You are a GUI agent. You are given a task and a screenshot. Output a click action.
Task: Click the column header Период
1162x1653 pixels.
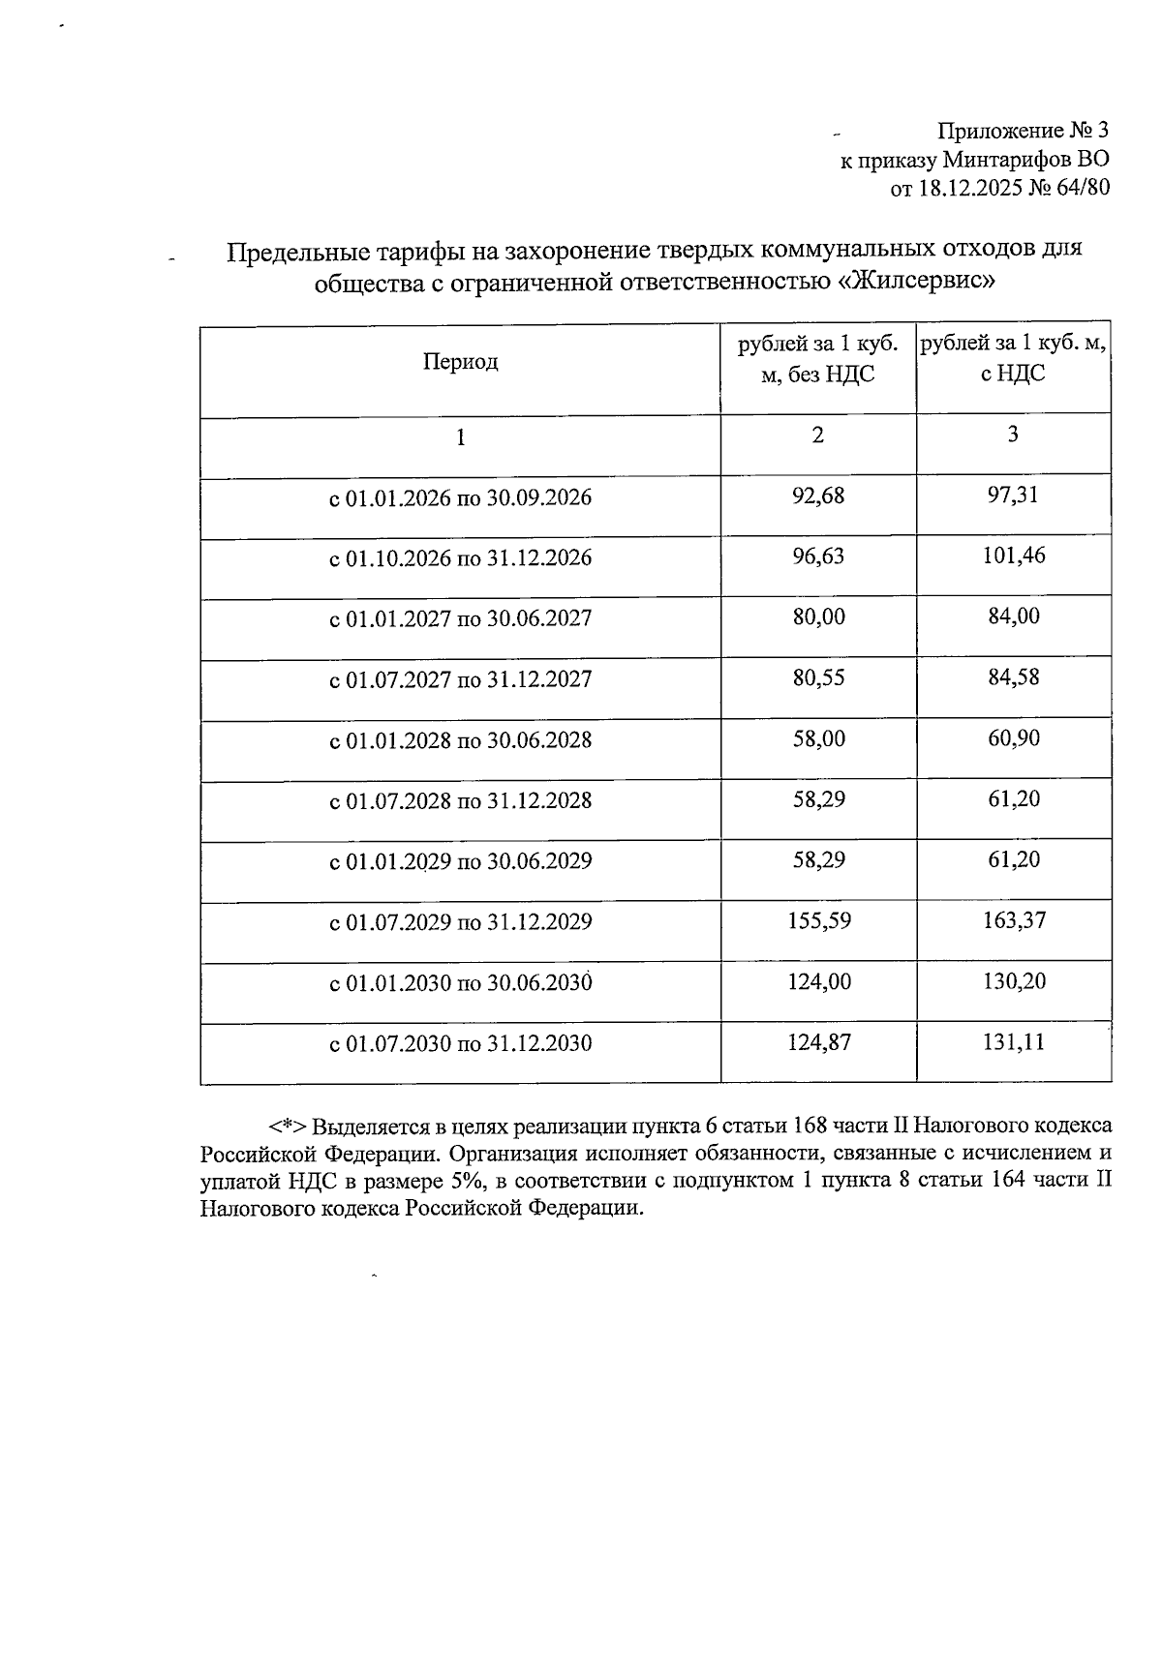(460, 362)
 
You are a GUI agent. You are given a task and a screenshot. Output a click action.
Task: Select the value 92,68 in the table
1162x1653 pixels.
(818, 496)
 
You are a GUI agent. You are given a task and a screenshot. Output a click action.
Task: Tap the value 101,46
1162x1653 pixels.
(1013, 556)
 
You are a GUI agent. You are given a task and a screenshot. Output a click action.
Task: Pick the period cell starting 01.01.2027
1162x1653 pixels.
(460, 618)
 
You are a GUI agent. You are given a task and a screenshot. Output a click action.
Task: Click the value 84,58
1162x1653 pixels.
(1013, 676)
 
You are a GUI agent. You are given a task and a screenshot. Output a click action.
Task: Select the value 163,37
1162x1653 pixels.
(1014, 920)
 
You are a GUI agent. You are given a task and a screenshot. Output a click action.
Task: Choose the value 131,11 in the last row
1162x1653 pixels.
(1014, 1042)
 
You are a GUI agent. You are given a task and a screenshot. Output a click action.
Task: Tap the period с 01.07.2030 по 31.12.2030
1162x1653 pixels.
(460, 1044)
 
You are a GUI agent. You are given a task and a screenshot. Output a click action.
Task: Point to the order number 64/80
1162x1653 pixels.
(1082, 188)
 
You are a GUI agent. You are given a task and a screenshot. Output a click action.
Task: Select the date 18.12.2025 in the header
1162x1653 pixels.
(967, 188)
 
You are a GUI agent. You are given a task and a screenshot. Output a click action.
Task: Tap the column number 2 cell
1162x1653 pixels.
(818, 435)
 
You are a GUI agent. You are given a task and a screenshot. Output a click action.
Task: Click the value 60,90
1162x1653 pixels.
(1014, 738)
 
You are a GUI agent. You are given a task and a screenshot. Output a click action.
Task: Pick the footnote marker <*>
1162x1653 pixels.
(288, 1127)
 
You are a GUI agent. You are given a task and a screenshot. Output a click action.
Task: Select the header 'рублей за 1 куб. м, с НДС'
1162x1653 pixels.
(1013, 358)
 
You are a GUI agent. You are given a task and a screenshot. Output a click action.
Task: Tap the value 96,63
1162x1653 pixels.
(818, 556)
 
